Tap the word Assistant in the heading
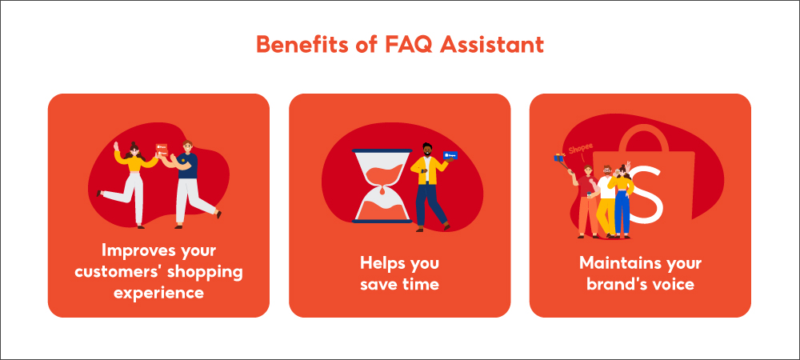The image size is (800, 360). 492,44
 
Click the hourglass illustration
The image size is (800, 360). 382,186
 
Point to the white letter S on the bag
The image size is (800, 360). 646,194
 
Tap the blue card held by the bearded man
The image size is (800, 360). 450,155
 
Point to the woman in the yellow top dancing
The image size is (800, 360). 127,183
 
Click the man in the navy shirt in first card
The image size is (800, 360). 191,183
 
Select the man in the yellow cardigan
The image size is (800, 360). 430,186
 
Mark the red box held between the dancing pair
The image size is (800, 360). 162,148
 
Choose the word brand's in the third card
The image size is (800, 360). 614,283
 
